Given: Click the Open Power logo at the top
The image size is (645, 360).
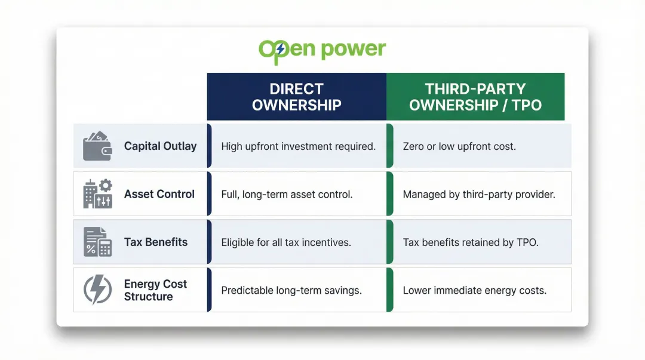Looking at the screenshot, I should click(x=322, y=50).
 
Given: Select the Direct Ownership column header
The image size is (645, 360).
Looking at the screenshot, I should click(x=296, y=97).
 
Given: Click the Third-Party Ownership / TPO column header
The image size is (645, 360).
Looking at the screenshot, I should click(x=475, y=97).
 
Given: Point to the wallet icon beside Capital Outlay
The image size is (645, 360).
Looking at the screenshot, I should click(x=97, y=146).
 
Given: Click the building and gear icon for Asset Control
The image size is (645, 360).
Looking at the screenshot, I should click(x=97, y=194).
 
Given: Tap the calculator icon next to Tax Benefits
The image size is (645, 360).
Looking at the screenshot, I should click(x=97, y=242).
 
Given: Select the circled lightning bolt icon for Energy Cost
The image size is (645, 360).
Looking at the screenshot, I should click(x=97, y=290).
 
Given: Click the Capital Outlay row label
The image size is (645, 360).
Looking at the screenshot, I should click(x=160, y=146).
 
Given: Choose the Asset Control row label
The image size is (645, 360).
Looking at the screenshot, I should click(x=159, y=194).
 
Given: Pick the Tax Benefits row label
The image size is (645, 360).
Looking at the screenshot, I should click(x=156, y=242).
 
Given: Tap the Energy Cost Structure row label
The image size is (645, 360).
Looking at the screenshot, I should click(x=155, y=290).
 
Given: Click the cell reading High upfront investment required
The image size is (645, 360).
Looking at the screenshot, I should click(x=298, y=146).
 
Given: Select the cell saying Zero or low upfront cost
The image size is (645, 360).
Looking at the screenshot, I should click(x=458, y=146).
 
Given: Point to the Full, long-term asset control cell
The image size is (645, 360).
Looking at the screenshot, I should click(x=287, y=194).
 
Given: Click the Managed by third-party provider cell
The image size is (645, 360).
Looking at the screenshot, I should click(x=479, y=194).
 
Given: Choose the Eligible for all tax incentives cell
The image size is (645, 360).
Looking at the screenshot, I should click(x=286, y=242).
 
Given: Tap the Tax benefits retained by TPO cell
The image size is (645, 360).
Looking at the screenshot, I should click(x=471, y=242).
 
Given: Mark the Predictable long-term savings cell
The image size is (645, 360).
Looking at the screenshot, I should click(x=291, y=291).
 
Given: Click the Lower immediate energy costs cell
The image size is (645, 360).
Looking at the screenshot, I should click(x=475, y=291).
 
